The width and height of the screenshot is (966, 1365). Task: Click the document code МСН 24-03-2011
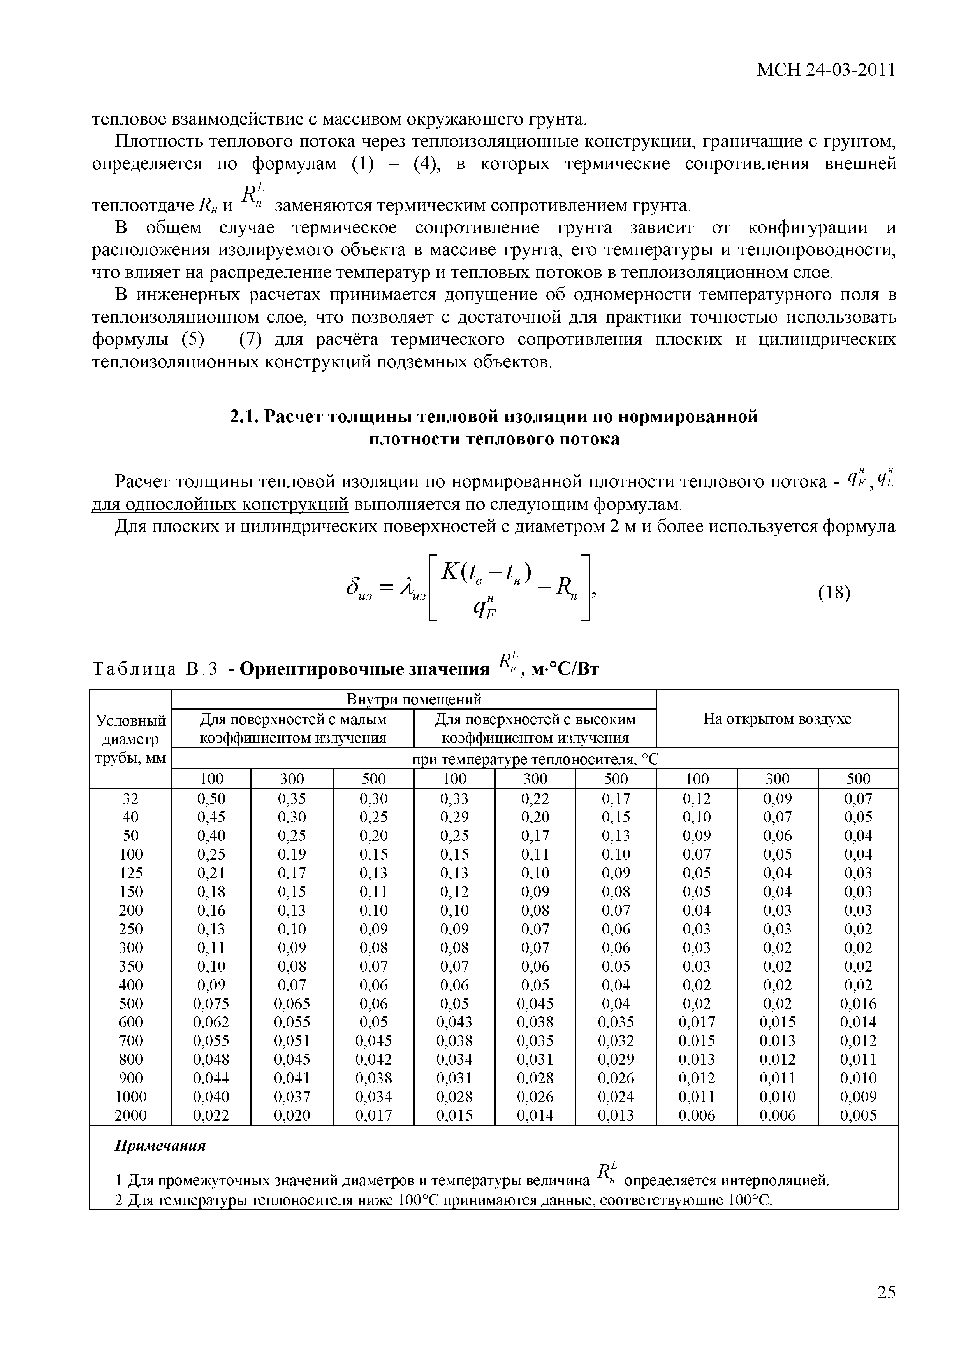[825, 70]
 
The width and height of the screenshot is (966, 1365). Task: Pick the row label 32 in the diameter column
[130, 798]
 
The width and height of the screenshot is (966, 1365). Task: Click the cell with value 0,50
[211, 798]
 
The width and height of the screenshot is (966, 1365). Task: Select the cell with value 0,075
[211, 1004]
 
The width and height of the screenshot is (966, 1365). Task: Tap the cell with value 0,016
[858, 1004]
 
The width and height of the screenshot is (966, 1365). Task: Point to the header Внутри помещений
[414, 698]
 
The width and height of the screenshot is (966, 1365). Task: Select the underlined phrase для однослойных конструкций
[220, 505]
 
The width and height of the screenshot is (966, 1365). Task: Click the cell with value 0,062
[211, 1022]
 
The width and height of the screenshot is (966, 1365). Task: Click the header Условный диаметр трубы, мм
[130, 739]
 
